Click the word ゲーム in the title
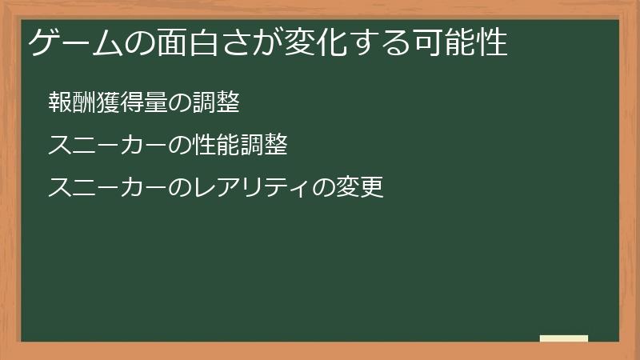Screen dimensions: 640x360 click(x=76, y=42)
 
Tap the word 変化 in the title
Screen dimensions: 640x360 click(x=315, y=42)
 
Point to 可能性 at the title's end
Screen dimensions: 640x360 click(x=462, y=42)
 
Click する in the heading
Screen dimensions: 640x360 click(x=381, y=42)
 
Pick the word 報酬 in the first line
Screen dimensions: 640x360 click(x=72, y=102)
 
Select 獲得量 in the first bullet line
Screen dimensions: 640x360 click(x=132, y=102)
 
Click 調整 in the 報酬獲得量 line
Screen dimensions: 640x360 click(x=216, y=102)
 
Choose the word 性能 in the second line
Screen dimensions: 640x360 click(x=216, y=145)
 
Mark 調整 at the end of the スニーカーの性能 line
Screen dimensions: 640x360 click(x=264, y=145)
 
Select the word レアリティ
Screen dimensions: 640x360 click(x=252, y=187)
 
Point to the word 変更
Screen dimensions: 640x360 click(x=360, y=187)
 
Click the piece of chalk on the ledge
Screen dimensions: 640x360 click(x=564, y=338)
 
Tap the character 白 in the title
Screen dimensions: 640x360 click(x=204, y=42)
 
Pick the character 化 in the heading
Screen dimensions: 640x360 click(x=331, y=42)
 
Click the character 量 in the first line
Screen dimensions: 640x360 click(x=156, y=102)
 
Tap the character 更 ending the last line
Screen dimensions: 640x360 click(x=372, y=187)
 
